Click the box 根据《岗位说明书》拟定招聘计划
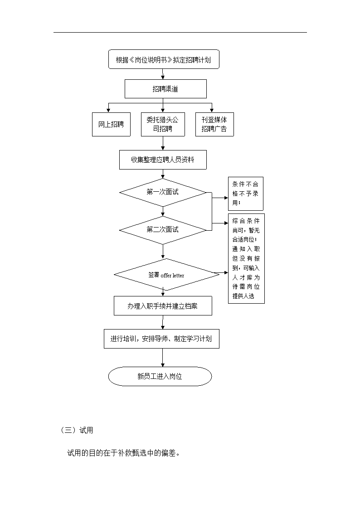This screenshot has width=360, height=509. [164, 59]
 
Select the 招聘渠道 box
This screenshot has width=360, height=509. [165, 89]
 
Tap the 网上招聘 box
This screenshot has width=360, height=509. [111, 124]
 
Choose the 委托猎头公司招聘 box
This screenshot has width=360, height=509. [163, 124]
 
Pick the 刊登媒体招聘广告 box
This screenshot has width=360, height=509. [214, 124]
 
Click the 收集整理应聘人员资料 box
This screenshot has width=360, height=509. [163, 160]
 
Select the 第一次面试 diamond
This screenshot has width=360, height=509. [163, 193]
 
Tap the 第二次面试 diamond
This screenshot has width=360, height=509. [163, 230]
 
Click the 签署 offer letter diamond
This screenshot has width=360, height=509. [166, 275]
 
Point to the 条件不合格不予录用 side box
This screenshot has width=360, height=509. [245, 194]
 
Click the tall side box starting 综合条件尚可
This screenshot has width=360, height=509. [246, 258]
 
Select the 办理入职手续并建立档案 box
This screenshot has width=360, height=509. [163, 306]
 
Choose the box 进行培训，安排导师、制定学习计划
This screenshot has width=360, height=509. [161, 339]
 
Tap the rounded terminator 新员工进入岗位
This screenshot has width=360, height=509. [160, 377]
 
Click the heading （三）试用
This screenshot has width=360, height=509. [77, 431]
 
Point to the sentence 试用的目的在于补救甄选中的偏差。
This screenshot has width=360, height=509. [123, 453]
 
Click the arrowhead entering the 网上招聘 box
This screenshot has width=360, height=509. [108, 111]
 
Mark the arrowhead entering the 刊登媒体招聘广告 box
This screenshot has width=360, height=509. [212, 111]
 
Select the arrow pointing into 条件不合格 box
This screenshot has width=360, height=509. [220, 198]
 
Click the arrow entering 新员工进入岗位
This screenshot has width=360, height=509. [163, 358]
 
